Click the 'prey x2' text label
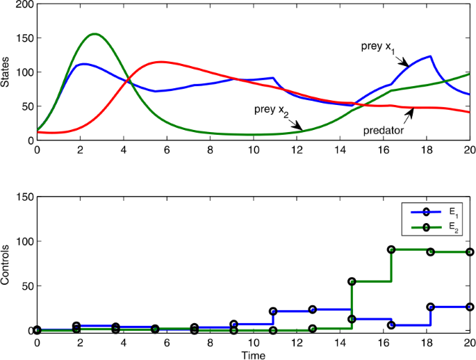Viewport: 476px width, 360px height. (x=272, y=109)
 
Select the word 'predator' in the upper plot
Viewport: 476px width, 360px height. (x=383, y=130)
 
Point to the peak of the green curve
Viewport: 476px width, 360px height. (x=95, y=33)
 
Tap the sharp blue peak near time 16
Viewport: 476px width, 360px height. (x=430, y=56)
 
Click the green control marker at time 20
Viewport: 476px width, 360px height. (x=470, y=252)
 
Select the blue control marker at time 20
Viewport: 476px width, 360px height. (x=470, y=306)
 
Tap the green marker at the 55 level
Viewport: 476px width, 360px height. (x=352, y=281)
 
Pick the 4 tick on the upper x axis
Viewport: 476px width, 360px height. (x=124, y=149)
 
